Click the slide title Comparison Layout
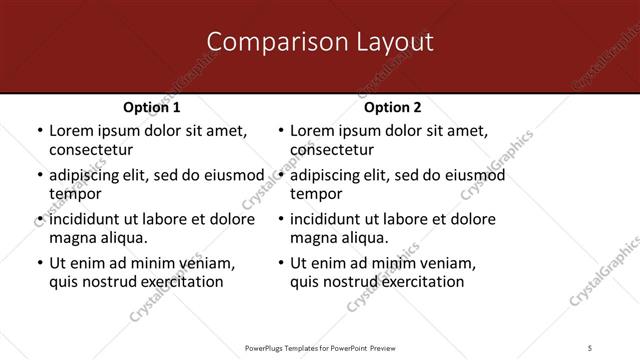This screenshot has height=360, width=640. pos(320,42)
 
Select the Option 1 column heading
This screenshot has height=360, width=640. pos(152,107)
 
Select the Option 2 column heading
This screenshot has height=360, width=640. pos(393,107)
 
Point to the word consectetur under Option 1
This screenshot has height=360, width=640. pos(91,150)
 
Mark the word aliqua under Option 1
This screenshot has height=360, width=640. pos(122,238)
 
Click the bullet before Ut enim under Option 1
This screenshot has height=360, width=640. pos(39,263)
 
